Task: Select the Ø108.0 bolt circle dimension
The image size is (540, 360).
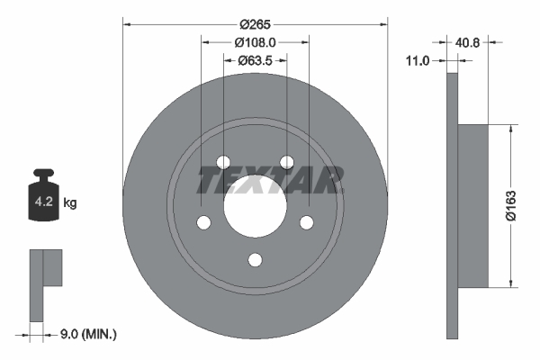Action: pos(255,42)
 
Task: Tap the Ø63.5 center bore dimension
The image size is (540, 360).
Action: pos(256,60)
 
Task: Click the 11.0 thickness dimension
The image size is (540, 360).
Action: pos(418,60)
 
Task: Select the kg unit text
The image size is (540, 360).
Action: pos(70,203)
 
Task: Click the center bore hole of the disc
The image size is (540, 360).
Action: pos(255,208)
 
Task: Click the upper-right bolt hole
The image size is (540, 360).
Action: pos(286,162)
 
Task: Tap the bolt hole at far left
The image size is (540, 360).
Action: pos(203,222)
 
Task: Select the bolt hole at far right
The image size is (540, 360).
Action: pos(306,222)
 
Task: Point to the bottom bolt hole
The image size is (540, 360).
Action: pos(255,260)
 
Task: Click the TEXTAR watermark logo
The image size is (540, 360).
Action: pos(270,181)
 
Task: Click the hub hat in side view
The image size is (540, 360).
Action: pos(472,206)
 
